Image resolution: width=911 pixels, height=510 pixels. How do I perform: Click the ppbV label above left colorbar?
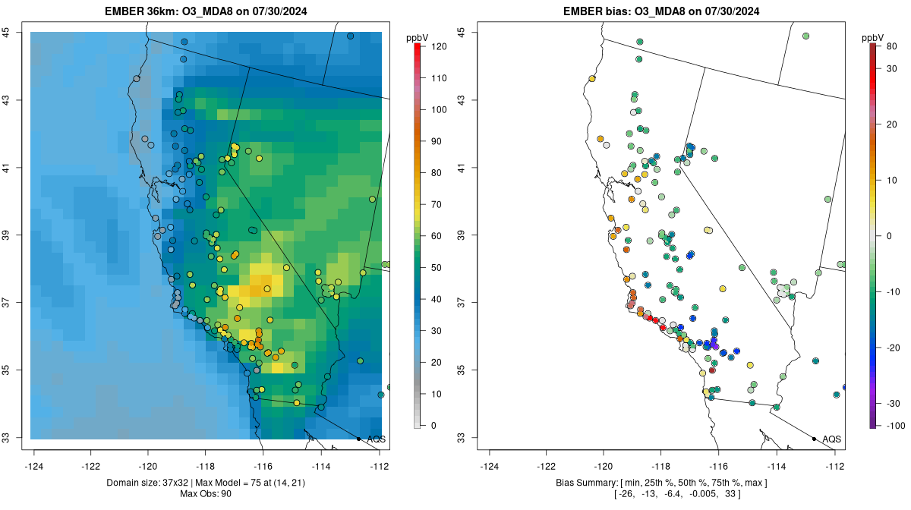(418, 37)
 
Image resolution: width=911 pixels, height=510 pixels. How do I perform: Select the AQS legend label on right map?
(831, 439)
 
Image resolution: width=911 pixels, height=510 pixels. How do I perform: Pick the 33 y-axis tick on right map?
(462, 438)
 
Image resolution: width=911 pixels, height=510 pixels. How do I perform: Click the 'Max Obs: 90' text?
(206, 494)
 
